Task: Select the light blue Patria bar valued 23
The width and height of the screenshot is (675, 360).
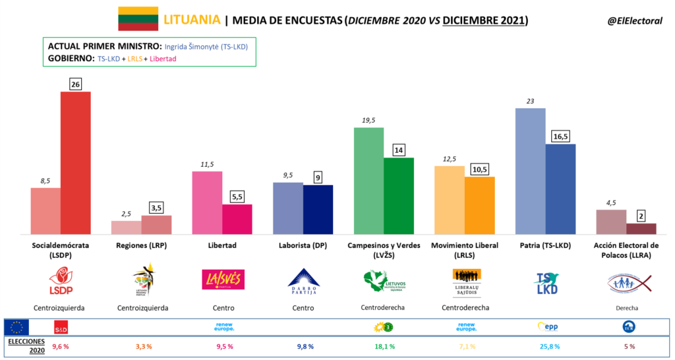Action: [530, 171]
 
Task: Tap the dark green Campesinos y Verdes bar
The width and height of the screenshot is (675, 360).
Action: [399, 196]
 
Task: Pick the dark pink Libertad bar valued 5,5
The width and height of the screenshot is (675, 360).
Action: [237, 219]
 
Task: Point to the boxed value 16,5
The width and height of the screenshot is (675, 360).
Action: [560, 136]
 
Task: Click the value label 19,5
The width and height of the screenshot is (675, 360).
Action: [368, 120]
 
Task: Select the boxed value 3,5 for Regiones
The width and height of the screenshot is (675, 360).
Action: [156, 208]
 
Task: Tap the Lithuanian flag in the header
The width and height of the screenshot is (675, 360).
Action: [138, 19]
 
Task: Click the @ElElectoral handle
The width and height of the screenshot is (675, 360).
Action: [634, 21]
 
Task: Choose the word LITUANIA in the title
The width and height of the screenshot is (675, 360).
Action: [192, 20]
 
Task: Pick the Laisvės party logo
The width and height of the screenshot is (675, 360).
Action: [223, 279]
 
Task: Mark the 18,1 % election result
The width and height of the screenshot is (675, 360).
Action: [384, 346]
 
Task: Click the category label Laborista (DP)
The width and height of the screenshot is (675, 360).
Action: [304, 246]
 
